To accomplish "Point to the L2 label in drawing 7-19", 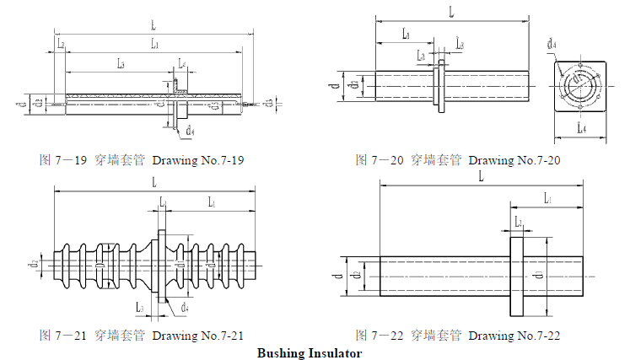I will pyautogui.click(x=60, y=42).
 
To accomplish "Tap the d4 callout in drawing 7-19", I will pyautogui.click(x=191, y=132).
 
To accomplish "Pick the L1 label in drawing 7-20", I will pyautogui.click(x=406, y=35).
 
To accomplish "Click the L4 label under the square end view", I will pyautogui.click(x=581, y=129).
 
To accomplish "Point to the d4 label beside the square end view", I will pyautogui.click(x=551, y=43).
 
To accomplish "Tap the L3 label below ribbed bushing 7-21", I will pyautogui.click(x=140, y=307).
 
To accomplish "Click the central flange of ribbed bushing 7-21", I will pyautogui.click(x=161, y=265).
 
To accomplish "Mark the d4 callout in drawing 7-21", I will pyautogui.click(x=184, y=308).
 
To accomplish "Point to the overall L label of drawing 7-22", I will pyautogui.click(x=481, y=177).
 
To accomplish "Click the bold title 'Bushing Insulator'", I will pyautogui.click(x=310, y=352).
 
